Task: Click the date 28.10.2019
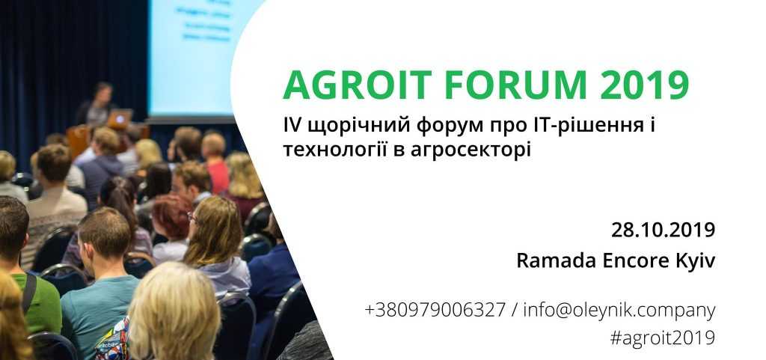click(x=663, y=230)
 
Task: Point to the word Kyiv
click(x=696, y=261)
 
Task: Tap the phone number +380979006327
click(x=435, y=310)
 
